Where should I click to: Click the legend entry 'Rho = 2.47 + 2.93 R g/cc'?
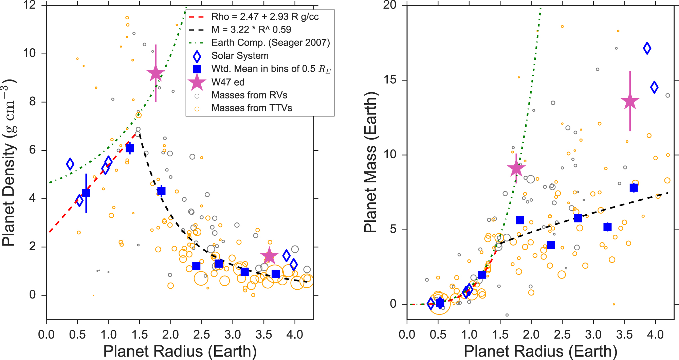265,17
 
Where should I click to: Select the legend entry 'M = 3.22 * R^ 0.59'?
251,30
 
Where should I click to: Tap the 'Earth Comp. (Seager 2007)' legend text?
271,42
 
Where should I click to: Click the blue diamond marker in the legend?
197,56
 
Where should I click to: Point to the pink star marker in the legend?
197,83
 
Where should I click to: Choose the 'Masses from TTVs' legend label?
252,108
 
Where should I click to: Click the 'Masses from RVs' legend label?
249,95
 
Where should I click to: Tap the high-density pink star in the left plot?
155,73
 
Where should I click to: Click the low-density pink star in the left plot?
269,256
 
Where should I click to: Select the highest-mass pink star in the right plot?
630,101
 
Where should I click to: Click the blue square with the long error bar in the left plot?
86,193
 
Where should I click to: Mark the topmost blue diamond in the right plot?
647,48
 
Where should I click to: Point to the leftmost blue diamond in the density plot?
70,164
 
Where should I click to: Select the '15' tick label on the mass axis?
391,80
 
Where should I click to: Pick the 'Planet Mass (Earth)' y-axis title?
370,162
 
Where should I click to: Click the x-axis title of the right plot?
540,351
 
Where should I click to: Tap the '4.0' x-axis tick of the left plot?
295,335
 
